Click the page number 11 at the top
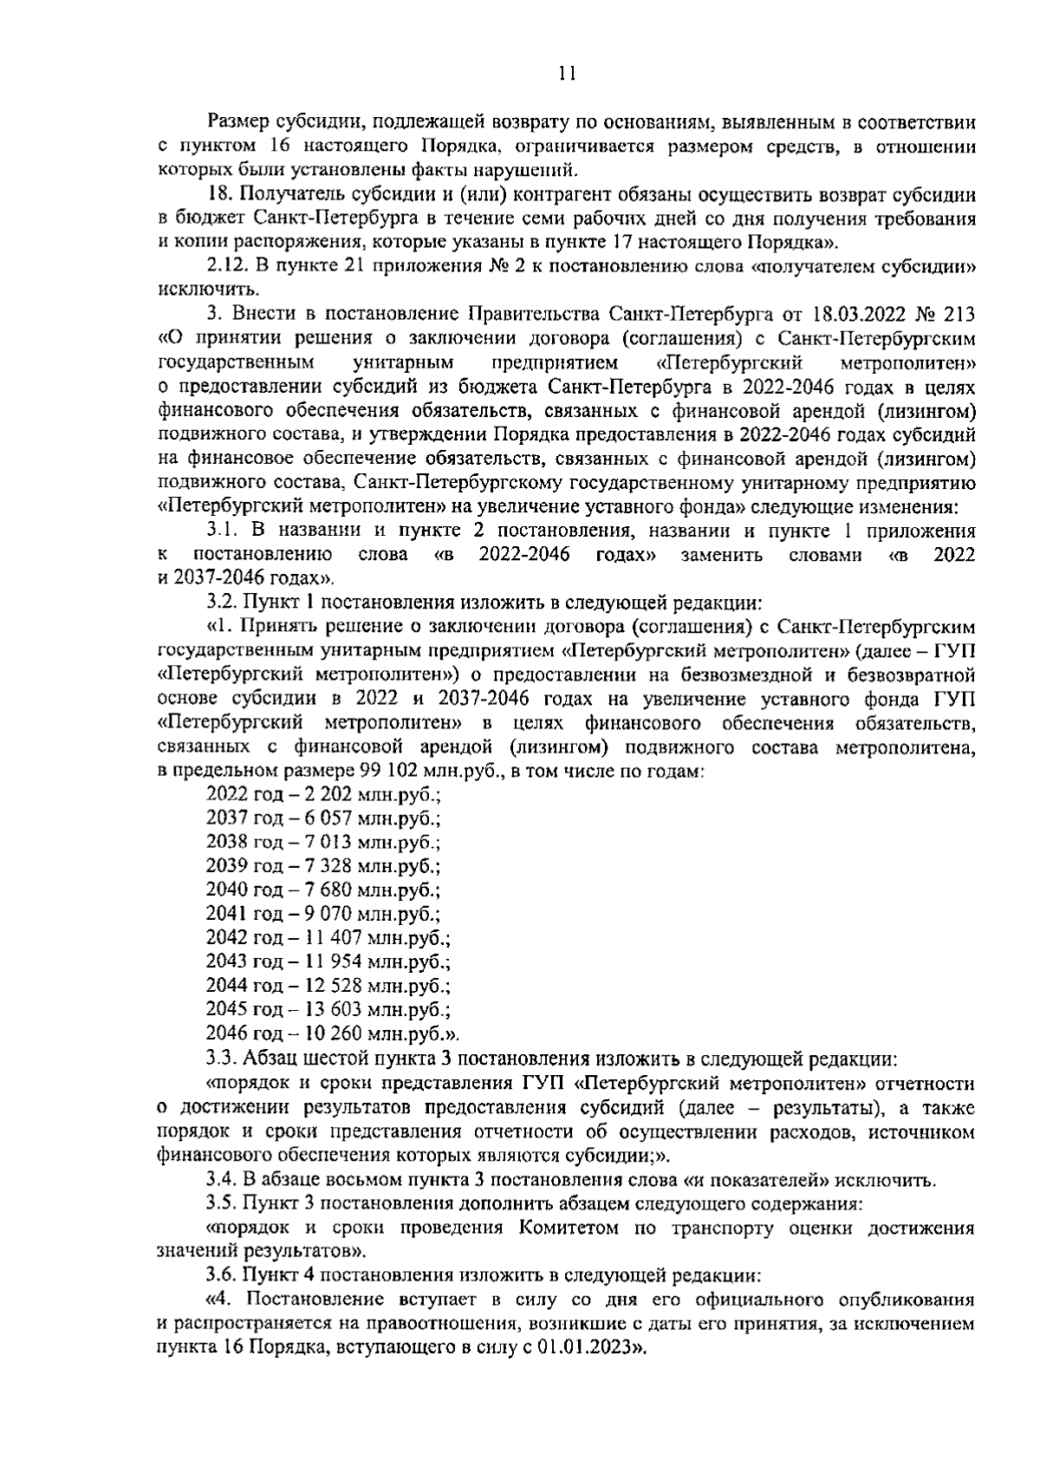click(x=567, y=74)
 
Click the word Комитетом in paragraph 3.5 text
click(x=569, y=1229)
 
